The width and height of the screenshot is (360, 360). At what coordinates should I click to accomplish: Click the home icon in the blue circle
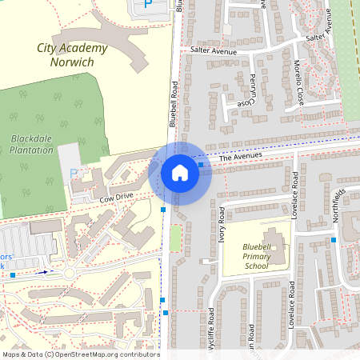[180, 171]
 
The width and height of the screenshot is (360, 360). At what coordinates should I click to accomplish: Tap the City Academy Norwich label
[72, 54]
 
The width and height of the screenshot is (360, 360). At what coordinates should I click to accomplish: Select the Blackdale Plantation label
[32, 144]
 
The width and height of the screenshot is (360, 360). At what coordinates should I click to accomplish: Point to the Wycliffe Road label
[211, 328]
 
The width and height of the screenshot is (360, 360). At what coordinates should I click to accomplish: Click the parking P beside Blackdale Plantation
[74, 173]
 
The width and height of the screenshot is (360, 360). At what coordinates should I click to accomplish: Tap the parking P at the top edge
[147, 4]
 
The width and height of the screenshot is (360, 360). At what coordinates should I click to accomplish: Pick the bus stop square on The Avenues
[200, 164]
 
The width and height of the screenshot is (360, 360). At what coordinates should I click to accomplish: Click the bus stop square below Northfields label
[334, 239]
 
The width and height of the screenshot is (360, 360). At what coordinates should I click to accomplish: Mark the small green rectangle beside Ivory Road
[175, 236]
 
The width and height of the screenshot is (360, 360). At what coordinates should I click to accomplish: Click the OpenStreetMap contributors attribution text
[80, 354]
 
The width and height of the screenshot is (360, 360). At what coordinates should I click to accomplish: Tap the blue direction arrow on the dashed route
[45, 272]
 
